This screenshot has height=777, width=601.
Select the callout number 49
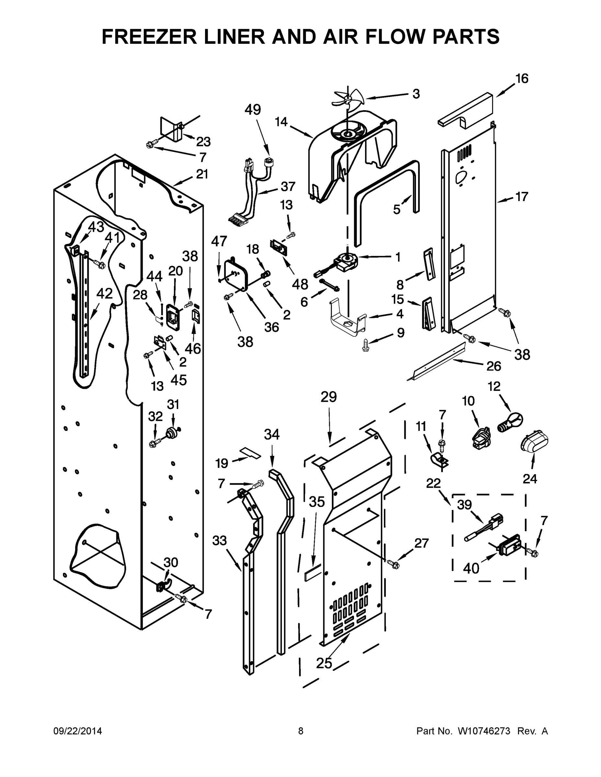(x=252, y=109)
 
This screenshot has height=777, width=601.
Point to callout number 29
(x=328, y=397)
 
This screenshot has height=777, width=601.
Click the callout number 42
(x=104, y=294)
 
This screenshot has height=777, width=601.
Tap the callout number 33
(x=219, y=540)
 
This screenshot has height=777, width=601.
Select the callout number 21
(x=202, y=174)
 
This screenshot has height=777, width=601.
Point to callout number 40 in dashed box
(x=471, y=568)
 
